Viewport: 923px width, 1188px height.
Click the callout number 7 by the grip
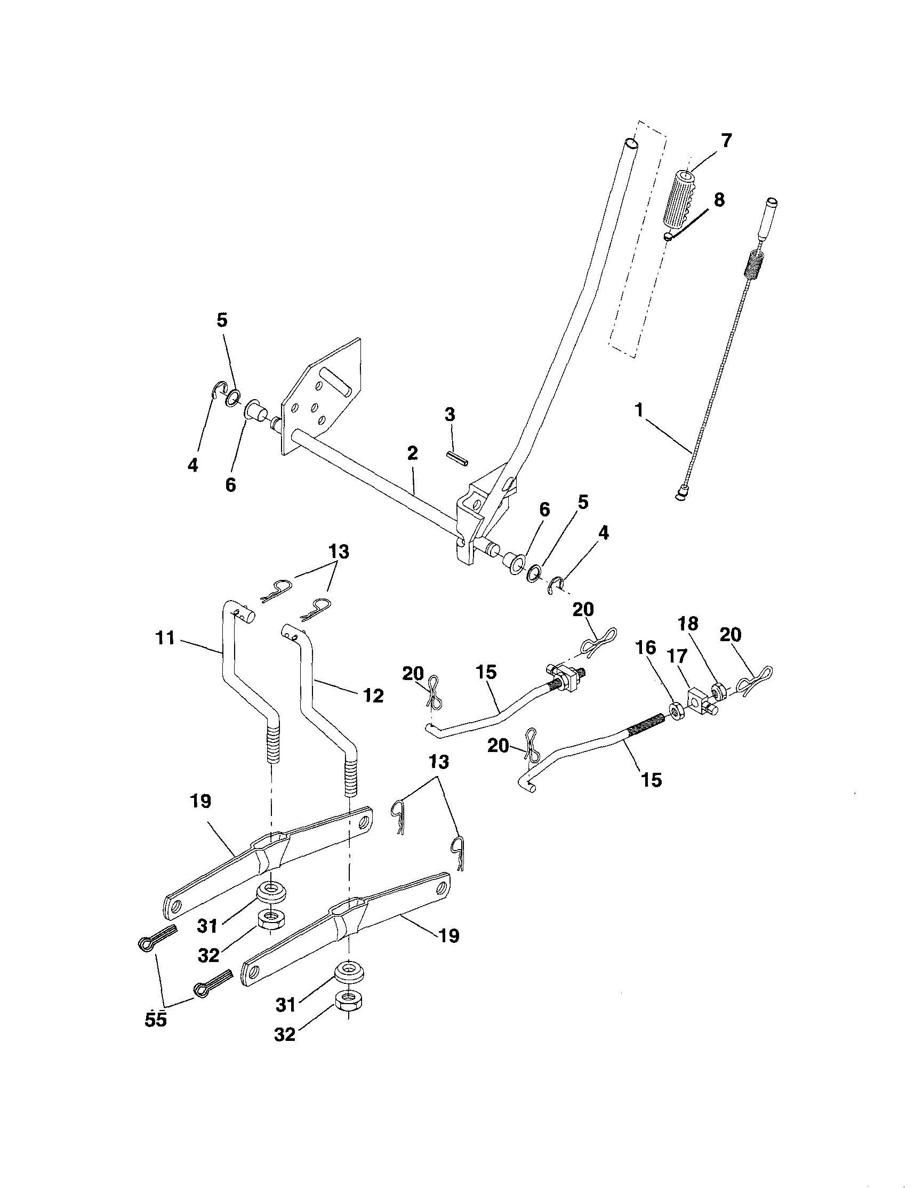coord(727,140)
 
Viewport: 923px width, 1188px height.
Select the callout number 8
coord(719,200)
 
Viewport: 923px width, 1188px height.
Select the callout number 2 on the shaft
coord(412,453)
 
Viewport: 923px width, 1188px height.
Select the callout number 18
coord(688,624)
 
